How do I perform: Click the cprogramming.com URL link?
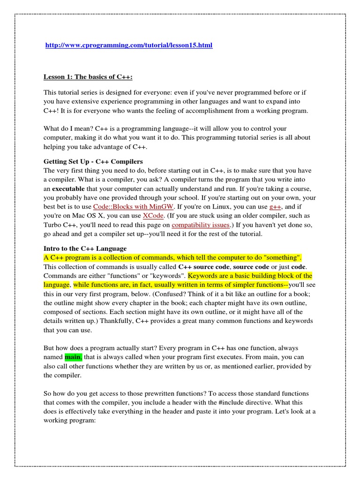[128, 45]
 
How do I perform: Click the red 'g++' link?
[275, 206]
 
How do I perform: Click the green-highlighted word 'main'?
[73, 358]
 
